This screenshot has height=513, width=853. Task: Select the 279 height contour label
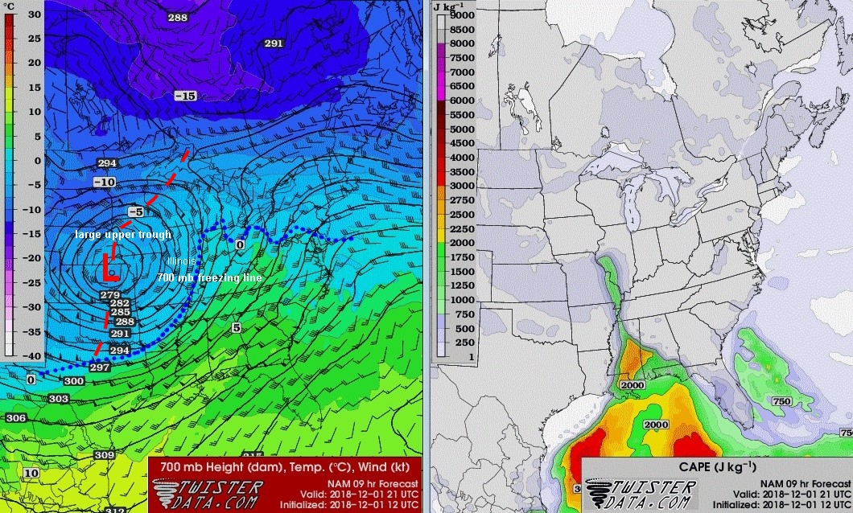coord(110,295)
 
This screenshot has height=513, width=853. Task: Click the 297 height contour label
coord(100,367)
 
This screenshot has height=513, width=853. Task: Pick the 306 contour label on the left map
coord(15,418)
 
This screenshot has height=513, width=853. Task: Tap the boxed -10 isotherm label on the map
coord(104,183)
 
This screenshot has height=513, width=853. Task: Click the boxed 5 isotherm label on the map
coord(236,328)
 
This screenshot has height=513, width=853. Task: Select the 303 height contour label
coord(58,399)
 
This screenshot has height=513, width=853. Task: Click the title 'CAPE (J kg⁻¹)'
coord(713,467)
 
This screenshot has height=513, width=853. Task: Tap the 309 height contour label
coord(104,455)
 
